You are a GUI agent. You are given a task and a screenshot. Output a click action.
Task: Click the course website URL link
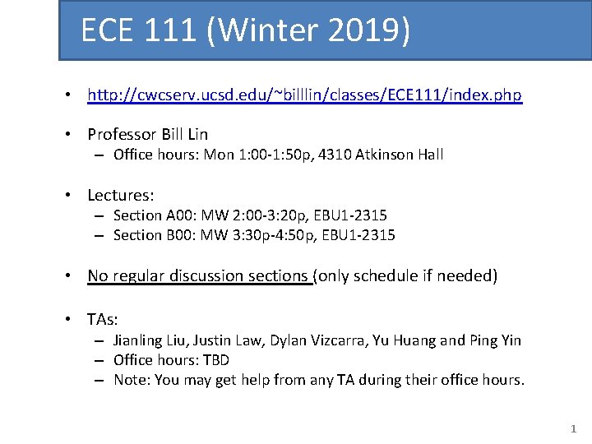point(304,95)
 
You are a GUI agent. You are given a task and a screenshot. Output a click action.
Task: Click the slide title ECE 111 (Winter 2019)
point(245,31)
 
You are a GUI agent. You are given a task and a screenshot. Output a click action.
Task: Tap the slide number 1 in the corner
point(574,428)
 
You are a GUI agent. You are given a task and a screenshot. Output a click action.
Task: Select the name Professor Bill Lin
point(148,134)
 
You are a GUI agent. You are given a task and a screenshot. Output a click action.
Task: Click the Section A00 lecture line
point(250,215)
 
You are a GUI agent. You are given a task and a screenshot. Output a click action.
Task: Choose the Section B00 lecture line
point(254,235)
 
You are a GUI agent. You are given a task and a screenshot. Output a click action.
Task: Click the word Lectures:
point(121,195)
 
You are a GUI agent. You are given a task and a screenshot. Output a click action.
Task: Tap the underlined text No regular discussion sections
point(198,276)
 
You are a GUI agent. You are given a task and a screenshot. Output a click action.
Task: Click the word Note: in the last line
point(131,380)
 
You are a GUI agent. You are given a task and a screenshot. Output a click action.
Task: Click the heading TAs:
point(103,319)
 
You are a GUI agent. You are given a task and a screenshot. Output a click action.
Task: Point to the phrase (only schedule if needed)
point(406,276)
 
